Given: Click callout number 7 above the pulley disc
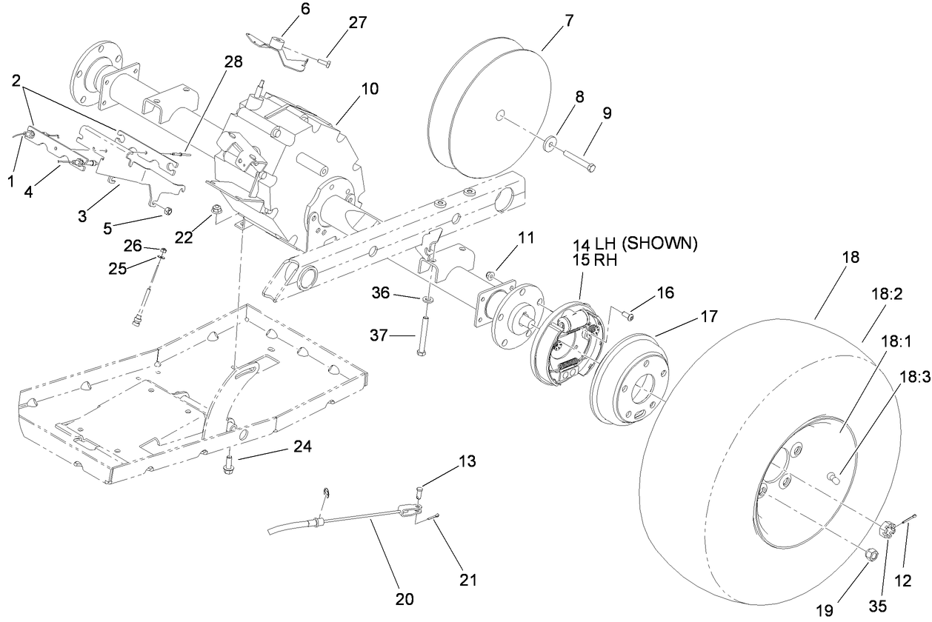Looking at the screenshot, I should (x=568, y=21).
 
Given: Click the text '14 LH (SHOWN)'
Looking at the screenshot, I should (x=634, y=244).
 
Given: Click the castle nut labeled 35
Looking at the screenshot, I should (x=886, y=529).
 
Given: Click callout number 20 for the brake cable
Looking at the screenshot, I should (x=405, y=598).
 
